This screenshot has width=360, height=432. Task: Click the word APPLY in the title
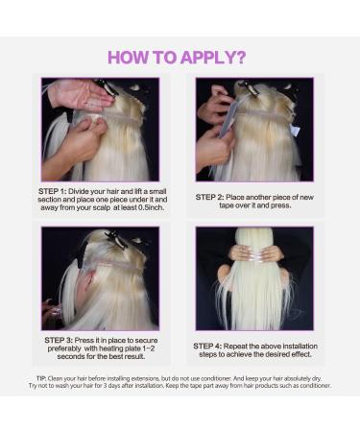pyautogui.click(x=204, y=57)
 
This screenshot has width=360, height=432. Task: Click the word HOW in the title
pyautogui.click(x=127, y=57)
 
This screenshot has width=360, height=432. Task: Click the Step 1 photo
pyautogui.click(x=101, y=130)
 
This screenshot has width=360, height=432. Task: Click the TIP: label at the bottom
pyautogui.click(x=41, y=378)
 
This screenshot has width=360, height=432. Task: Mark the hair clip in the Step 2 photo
pyautogui.click(x=252, y=89)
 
